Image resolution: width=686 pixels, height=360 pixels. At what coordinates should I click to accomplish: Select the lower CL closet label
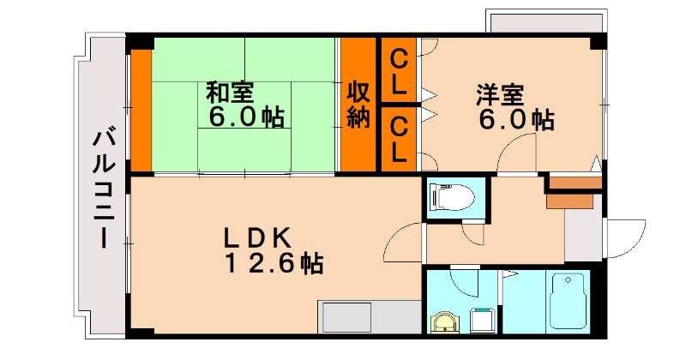(399, 139)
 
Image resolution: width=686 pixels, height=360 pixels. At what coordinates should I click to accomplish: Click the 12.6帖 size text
(274, 263)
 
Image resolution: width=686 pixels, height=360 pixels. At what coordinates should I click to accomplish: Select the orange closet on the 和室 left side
(141, 110)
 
